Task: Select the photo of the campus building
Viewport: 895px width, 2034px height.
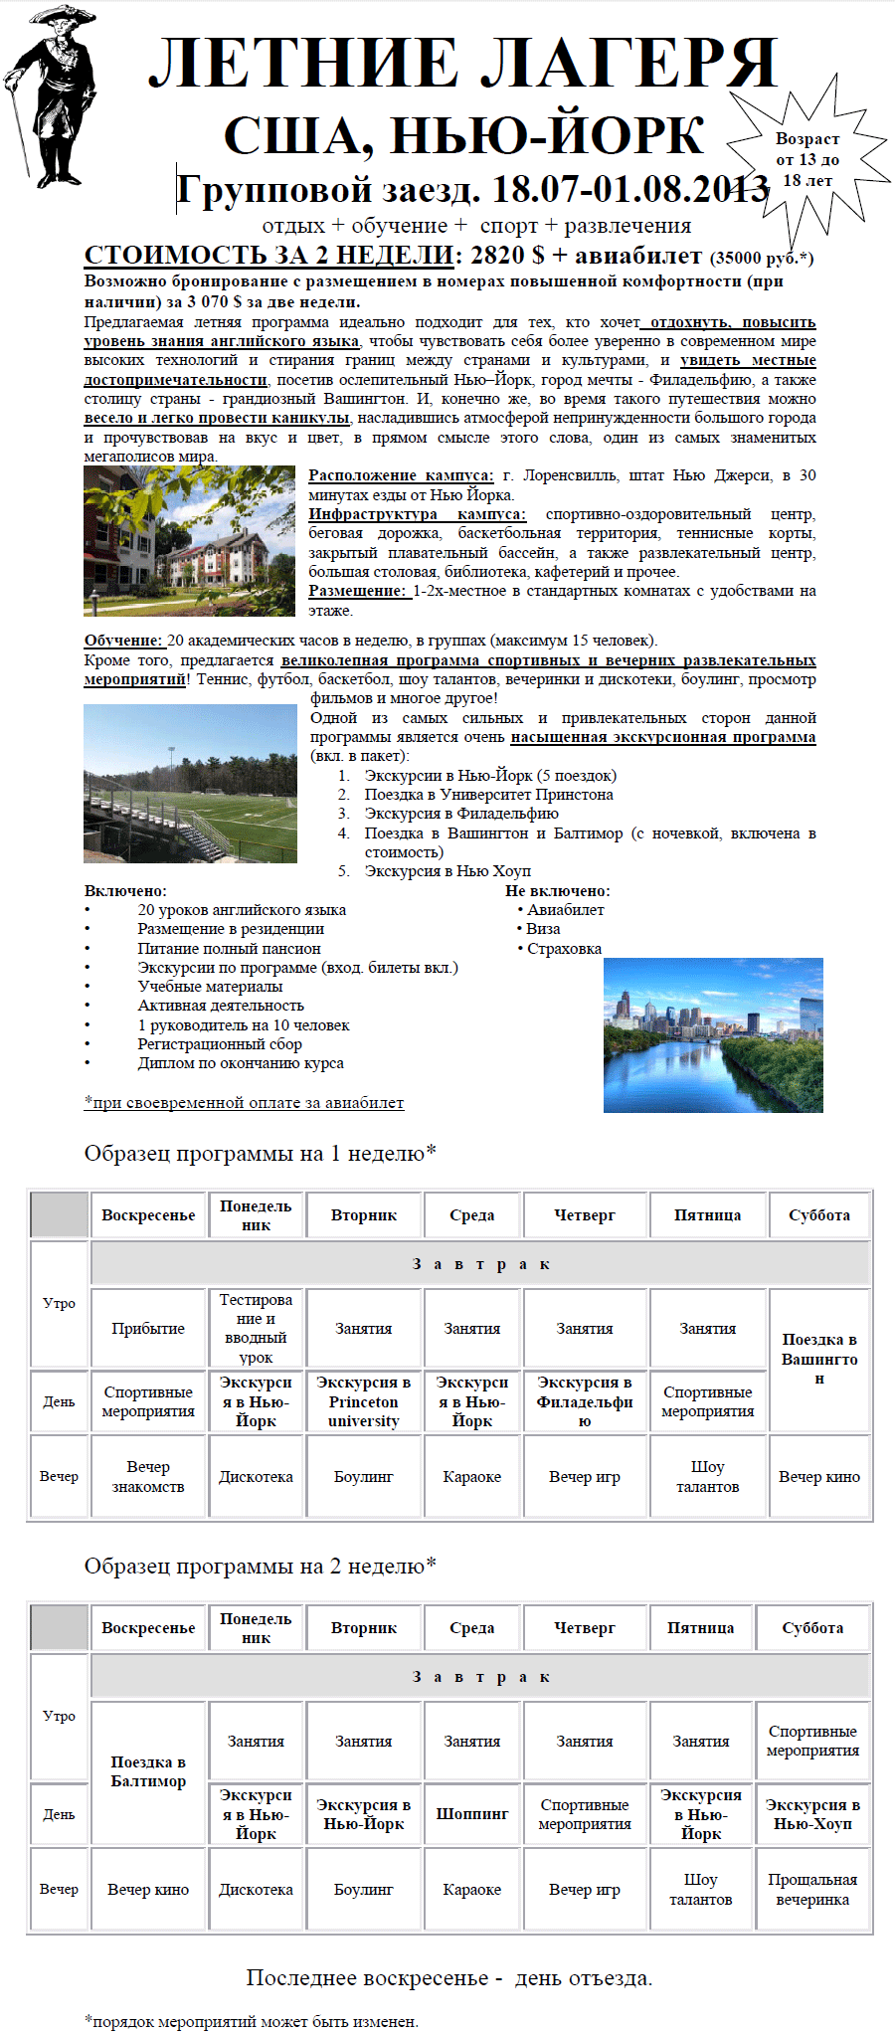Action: (189, 540)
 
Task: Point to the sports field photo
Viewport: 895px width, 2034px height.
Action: (190, 784)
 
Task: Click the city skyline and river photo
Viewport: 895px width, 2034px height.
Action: (713, 1034)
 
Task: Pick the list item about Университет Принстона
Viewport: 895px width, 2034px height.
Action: (488, 795)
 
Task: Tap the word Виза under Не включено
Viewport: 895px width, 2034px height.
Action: (543, 929)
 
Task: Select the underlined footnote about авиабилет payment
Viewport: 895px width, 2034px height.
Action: (245, 1102)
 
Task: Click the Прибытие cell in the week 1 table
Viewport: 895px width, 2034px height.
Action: (148, 1329)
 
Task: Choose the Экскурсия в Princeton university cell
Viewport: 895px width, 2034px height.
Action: (364, 1402)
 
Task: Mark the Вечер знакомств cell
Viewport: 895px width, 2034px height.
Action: (148, 1477)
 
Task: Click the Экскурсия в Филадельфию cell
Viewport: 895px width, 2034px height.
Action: (585, 1402)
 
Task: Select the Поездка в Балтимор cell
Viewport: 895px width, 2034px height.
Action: (148, 1771)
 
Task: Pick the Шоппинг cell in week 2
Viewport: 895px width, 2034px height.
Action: (472, 1814)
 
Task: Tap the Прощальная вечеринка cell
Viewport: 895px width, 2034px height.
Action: (812, 1890)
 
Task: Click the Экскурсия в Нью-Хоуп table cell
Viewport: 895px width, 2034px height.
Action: (812, 1814)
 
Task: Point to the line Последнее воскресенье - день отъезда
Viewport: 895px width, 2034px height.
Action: (449, 1978)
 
